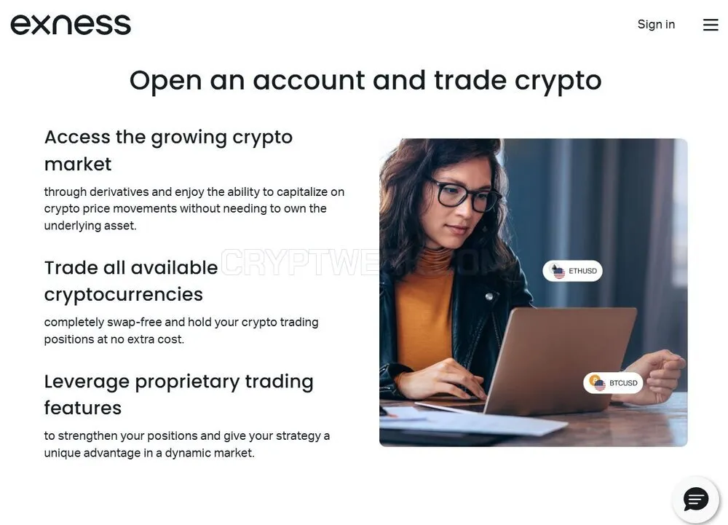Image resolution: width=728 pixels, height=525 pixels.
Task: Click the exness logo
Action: [71, 25]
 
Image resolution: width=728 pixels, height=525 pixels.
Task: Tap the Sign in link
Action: [656, 24]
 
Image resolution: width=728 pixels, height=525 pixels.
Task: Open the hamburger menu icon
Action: [711, 25]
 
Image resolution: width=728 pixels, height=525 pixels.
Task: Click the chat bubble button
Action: [695, 500]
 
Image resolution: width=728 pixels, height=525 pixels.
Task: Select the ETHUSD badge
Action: [572, 271]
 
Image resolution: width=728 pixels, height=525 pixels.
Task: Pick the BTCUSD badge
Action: [613, 383]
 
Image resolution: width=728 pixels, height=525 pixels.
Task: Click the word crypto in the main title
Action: [558, 82]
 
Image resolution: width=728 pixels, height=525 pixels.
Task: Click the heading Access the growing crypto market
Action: [169, 151]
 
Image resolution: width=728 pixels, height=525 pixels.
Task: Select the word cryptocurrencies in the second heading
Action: [124, 295]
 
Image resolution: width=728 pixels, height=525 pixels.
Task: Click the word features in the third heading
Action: [83, 408]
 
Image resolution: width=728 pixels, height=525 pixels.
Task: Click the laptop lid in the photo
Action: [562, 358]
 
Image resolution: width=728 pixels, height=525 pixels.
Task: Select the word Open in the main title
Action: [166, 82]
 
